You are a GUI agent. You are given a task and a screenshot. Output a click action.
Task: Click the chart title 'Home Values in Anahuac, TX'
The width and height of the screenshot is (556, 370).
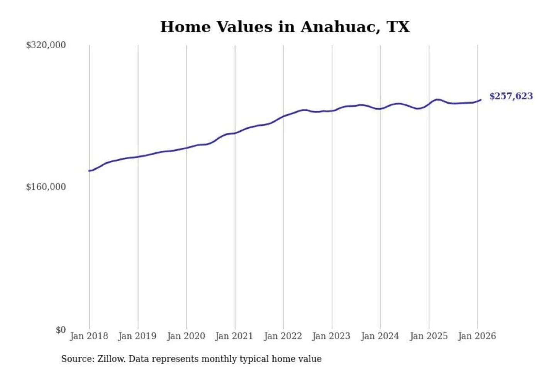(285, 27)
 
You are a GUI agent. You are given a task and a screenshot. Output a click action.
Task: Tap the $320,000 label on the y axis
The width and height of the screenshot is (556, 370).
(46, 45)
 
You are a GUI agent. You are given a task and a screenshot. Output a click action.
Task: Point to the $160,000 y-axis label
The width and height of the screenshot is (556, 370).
(46, 187)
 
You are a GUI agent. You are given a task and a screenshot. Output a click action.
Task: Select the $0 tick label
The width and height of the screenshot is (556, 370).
(61, 330)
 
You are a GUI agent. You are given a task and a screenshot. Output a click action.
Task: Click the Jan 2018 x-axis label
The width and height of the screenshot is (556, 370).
(89, 336)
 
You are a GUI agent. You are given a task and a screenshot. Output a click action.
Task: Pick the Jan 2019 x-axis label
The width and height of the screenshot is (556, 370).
(137, 336)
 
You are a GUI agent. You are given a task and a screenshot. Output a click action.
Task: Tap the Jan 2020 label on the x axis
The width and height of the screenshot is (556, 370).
(186, 336)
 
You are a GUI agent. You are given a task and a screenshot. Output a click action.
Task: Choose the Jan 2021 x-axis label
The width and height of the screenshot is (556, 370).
(234, 336)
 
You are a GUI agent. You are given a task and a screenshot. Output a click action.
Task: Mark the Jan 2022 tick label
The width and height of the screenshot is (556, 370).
(283, 336)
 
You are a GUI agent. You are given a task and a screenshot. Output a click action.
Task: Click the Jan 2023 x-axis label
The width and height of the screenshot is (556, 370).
(331, 336)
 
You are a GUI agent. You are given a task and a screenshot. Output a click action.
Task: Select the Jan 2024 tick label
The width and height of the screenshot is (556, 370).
(380, 336)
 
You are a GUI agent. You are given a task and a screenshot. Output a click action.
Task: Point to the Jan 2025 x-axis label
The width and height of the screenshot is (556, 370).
(429, 336)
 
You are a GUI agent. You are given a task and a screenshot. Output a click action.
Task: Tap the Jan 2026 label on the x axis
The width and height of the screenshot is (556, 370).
(477, 336)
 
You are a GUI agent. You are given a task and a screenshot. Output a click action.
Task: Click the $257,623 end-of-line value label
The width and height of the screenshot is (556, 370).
(511, 96)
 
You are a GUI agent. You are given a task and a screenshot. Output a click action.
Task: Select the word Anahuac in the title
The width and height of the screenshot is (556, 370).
(340, 27)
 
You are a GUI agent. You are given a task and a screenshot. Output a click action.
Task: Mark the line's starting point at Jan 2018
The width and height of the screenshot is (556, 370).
(89, 171)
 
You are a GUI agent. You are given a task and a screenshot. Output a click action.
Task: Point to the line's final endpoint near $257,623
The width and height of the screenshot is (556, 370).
(481, 100)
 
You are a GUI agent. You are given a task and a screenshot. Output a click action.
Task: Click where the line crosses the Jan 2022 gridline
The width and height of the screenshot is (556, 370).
(283, 116)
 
